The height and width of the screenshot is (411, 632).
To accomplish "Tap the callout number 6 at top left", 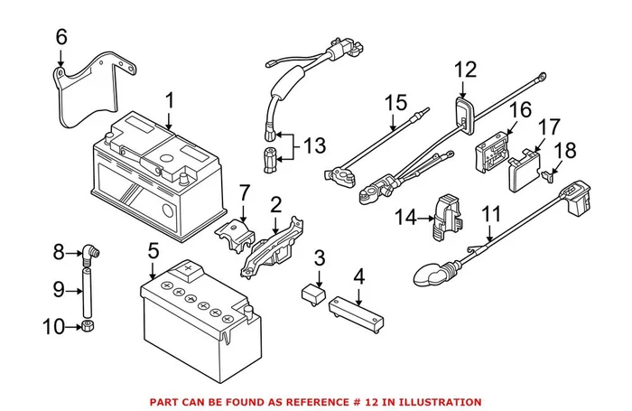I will pyautogui.click(x=60, y=37).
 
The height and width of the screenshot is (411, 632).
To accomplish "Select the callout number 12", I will pyautogui.click(x=463, y=69).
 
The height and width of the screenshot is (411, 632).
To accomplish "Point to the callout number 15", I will pyautogui.click(x=394, y=105).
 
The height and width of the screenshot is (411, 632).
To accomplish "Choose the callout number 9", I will pyautogui.click(x=60, y=290).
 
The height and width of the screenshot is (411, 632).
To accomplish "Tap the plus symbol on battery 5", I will pyautogui.click(x=189, y=269).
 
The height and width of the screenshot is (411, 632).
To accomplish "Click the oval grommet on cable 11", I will pyautogui.click(x=431, y=270).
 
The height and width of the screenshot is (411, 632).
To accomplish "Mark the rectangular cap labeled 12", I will pyautogui.click(x=465, y=114).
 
